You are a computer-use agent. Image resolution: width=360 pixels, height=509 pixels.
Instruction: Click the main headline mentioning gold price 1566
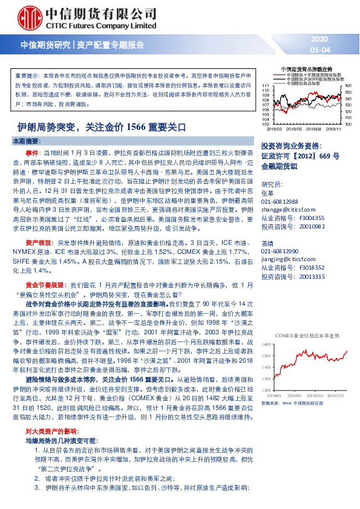point(101,127)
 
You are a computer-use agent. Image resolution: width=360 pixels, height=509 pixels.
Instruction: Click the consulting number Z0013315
point(312,275)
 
